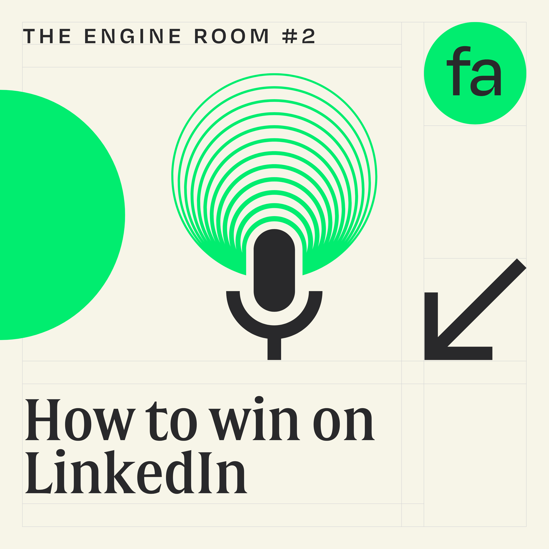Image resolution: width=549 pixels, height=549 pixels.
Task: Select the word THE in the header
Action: point(47,36)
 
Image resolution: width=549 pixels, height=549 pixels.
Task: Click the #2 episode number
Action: point(298,36)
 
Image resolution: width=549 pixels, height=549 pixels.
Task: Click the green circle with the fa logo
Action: point(475,108)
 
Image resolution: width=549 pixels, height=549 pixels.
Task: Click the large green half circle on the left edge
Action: point(57,215)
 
